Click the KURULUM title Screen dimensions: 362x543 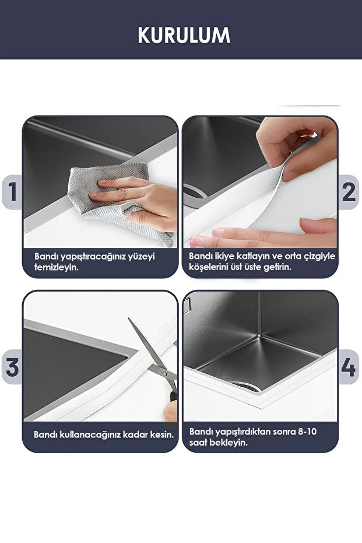(184, 35)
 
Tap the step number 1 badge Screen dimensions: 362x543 (12, 192)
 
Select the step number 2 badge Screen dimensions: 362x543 (349, 192)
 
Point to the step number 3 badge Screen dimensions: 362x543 (12, 367)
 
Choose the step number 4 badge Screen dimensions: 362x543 (349, 367)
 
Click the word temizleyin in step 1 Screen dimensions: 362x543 (56, 267)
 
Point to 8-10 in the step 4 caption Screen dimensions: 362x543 (307, 432)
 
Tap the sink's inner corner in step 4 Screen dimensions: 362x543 (259, 335)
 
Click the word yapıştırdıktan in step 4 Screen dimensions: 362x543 (242, 432)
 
